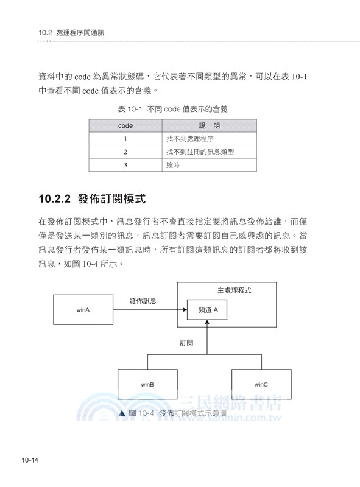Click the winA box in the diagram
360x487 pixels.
pos(83,310)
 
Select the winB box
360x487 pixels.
pos(147,384)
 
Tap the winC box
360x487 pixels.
pos(261,384)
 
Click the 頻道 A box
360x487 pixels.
pos(208,310)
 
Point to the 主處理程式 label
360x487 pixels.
pos(234,290)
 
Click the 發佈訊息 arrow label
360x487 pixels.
pos(143,301)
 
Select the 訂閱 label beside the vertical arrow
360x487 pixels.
pos(186,343)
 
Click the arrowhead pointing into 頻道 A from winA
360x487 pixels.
pos(184,310)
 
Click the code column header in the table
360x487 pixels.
pos(125,126)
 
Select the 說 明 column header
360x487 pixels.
pos(209,126)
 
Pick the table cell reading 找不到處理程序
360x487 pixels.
pos(189,139)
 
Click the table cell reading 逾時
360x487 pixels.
pos(174,164)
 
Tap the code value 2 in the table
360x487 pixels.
pos(125,152)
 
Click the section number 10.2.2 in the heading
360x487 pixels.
pos(55,198)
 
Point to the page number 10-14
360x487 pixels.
pos(30,460)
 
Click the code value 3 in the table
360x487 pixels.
pos(125,164)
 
